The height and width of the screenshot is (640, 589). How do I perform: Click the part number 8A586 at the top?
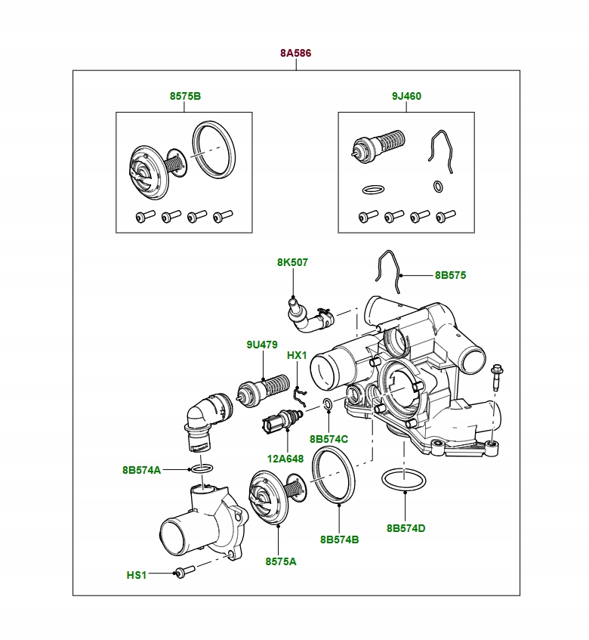point(295,54)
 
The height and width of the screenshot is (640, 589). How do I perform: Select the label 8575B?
point(185,97)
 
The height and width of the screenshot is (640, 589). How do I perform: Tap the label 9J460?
point(406,97)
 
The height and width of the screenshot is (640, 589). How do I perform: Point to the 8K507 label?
point(292,262)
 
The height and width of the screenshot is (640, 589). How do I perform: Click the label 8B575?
point(450,276)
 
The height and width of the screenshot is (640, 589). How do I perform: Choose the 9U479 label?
point(262,345)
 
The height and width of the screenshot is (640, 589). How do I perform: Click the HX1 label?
point(297,355)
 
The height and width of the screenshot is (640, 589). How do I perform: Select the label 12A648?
point(285,458)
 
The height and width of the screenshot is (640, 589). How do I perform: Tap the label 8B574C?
point(328,439)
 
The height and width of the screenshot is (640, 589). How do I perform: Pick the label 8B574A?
point(141,470)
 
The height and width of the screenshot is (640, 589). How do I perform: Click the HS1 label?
point(137,575)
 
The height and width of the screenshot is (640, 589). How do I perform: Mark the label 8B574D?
point(406,528)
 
